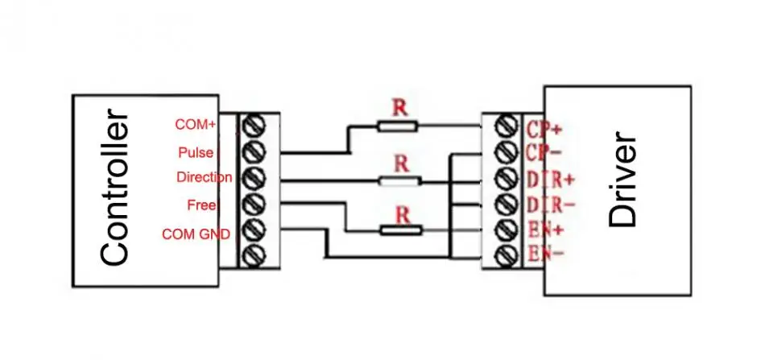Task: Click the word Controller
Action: pyautogui.click(x=116, y=192)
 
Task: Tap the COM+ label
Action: pyautogui.click(x=195, y=125)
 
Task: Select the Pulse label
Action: pyautogui.click(x=196, y=151)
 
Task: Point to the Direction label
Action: pyautogui.click(x=204, y=177)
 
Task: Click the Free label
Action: pyautogui.click(x=201, y=205)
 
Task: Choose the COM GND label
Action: pyautogui.click(x=196, y=234)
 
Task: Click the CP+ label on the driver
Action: pyautogui.click(x=544, y=128)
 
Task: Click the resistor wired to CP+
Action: pyautogui.click(x=397, y=126)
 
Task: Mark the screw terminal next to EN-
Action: pyautogui.click(x=507, y=257)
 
